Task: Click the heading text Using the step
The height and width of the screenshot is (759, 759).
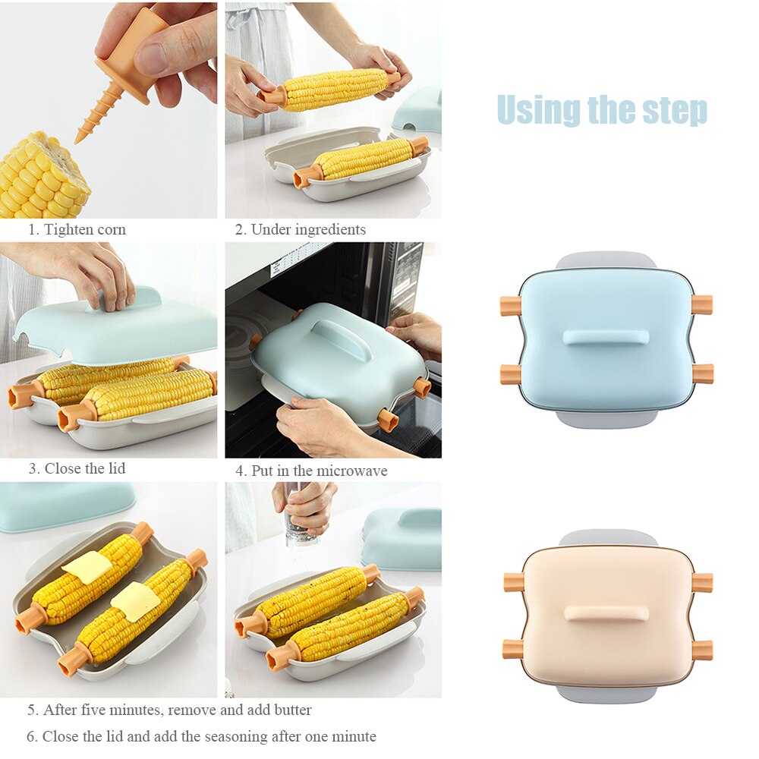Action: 602,110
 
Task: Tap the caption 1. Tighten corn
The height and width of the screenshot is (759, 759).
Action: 77,229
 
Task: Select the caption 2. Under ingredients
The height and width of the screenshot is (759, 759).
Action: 301,229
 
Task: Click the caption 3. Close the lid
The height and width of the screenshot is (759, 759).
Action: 77,468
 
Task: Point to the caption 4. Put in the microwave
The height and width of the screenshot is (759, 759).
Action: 311,471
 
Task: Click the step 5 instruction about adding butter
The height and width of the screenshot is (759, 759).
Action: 169,710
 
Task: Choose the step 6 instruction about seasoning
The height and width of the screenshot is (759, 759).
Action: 201,736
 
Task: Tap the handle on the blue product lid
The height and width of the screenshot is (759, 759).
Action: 606,337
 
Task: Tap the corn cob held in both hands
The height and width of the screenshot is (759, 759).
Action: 334,90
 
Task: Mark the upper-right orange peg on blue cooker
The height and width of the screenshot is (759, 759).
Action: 702,305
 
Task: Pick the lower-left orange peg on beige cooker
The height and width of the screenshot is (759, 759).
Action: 512,649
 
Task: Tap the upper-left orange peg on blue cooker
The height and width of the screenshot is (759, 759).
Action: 510,306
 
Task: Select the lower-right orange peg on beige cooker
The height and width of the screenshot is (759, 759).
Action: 702,650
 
